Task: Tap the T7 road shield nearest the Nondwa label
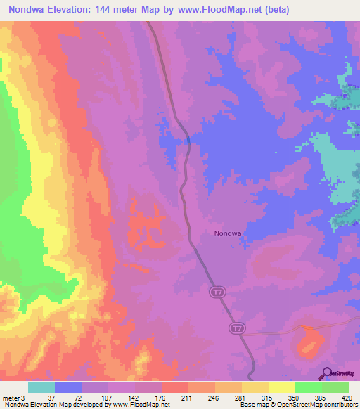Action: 214,290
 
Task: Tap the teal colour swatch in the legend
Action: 41,387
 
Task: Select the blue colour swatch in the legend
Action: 68,387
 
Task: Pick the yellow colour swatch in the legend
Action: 281,387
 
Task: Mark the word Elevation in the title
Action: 70,10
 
